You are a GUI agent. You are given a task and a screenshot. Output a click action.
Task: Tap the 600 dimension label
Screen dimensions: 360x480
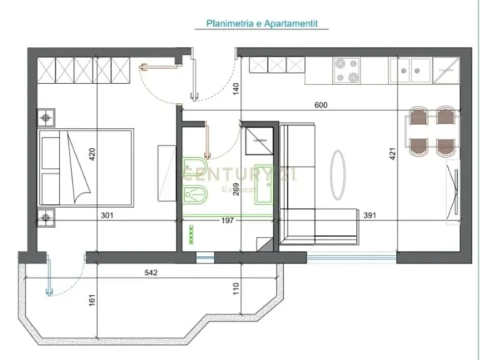pos(322,104)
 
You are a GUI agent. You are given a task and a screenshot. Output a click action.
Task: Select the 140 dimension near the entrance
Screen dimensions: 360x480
pos(236,90)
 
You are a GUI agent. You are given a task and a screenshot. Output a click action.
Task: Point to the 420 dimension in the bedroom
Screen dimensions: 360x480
pos(92,154)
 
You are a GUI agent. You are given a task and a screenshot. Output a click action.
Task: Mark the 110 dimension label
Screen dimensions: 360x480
pos(236,286)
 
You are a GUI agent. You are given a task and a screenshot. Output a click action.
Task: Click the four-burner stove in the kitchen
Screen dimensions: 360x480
pos(347,69)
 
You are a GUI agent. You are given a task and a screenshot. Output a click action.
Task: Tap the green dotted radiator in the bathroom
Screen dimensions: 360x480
pos(192,232)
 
